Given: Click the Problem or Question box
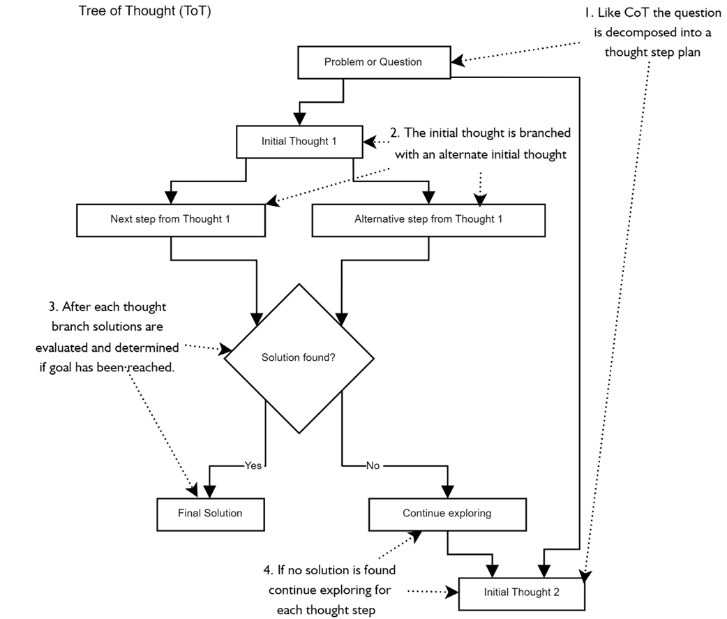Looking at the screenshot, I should [x=373, y=62].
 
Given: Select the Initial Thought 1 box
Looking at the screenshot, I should [x=299, y=141].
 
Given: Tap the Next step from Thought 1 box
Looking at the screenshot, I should [x=170, y=219].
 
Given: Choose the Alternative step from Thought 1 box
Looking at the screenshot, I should [x=428, y=219].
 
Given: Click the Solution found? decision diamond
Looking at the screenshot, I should [x=299, y=357].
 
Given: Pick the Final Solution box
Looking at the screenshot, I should [x=210, y=513].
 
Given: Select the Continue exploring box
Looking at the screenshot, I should [x=447, y=513].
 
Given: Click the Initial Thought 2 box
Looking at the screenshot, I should [x=521, y=592].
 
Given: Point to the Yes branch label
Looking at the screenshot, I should [x=253, y=465].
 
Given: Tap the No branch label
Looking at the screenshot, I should [x=373, y=465].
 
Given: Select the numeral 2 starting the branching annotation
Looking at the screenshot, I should [x=394, y=133].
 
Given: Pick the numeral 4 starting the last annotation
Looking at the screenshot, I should [x=267, y=570].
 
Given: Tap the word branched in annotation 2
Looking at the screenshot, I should [x=546, y=133].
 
